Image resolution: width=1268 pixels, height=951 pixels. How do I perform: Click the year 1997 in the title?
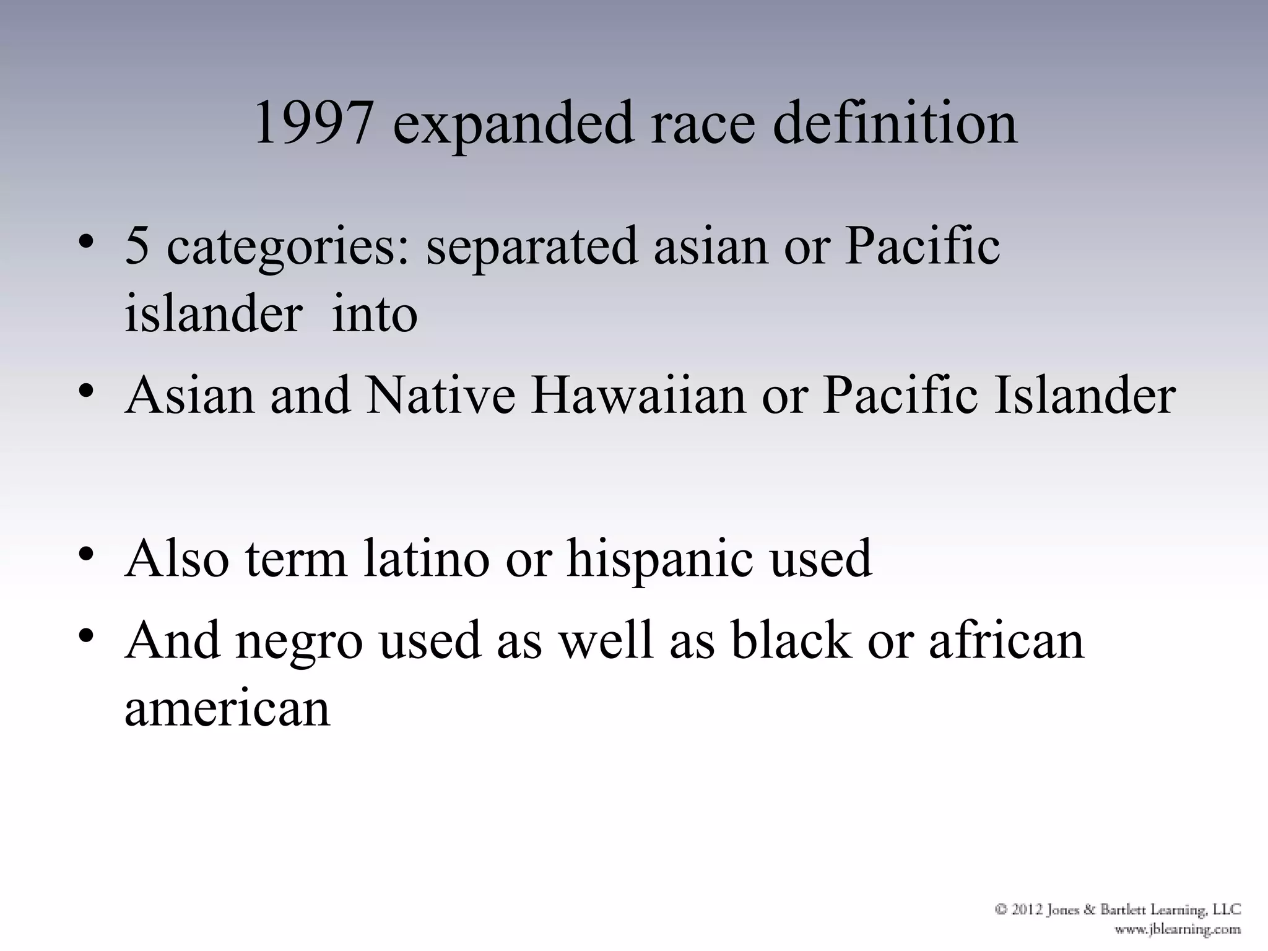point(314,123)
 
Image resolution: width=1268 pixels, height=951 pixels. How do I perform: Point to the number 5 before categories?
point(137,246)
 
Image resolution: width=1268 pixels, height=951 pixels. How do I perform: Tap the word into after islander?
point(375,313)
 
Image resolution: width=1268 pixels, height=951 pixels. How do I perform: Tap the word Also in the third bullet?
point(177,558)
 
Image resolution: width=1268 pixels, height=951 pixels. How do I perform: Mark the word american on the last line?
point(227,708)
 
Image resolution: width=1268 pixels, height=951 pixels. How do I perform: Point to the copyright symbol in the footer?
point(1001,910)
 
